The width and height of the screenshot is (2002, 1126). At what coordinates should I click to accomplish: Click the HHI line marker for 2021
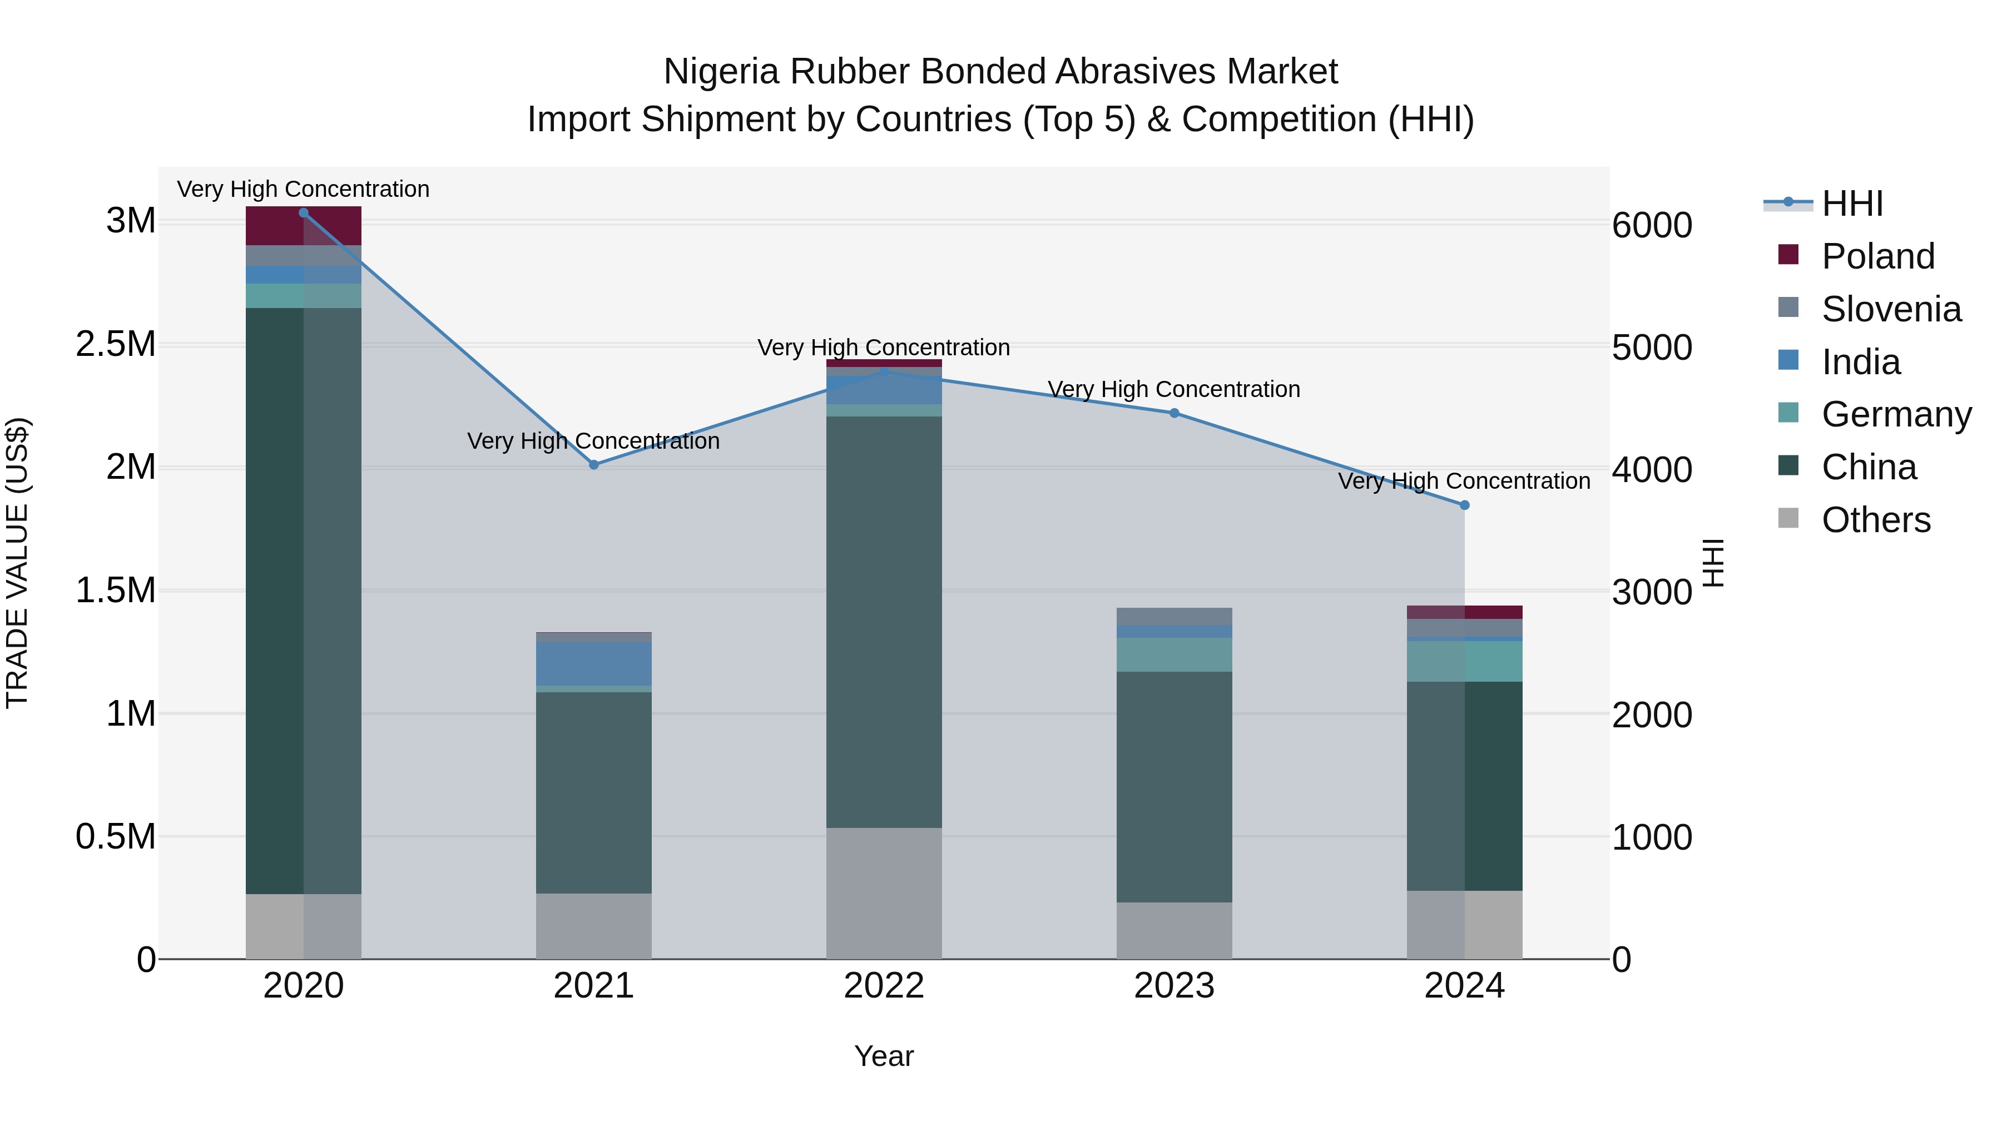(594, 465)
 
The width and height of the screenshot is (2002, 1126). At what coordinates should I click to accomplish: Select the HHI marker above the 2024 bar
(1464, 505)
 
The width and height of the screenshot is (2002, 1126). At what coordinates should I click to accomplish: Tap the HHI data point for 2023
(1175, 413)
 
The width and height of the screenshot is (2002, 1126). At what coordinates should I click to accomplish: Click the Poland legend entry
(1877, 256)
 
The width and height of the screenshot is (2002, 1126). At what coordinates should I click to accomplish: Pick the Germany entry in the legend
(1896, 414)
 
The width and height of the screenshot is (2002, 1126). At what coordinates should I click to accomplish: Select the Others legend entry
(1875, 520)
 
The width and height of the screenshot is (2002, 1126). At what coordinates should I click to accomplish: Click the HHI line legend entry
(1852, 204)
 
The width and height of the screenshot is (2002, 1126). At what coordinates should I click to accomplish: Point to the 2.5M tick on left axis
(116, 344)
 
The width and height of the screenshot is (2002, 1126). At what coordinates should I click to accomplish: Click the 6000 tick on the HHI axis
(1652, 225)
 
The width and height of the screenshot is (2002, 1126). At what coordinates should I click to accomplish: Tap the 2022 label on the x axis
(884, 986)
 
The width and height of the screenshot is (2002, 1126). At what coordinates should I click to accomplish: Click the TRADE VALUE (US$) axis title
(17, 563)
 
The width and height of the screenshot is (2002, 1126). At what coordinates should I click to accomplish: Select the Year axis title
(884, 1056)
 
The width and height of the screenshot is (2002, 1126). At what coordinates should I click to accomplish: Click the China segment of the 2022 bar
(884, 622)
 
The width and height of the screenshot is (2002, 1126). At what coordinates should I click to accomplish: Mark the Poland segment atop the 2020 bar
(303, 226)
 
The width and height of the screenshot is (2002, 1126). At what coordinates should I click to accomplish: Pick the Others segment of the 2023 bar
(1175, 930)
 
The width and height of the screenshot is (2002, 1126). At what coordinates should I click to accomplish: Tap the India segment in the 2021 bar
(594, 663)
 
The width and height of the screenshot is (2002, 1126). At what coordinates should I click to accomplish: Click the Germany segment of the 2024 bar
(1464, 661)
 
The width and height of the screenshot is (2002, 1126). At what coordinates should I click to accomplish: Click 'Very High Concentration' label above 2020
(303, 189)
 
